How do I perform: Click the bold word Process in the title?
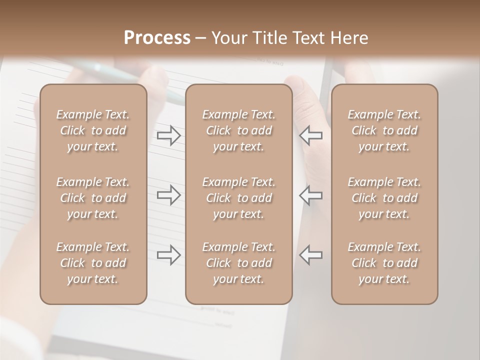pyautogui.click(x=157, y=38)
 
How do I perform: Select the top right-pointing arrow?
pyautogui.click(x=169, y=135)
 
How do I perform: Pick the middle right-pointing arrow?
pyautogui.click(x=169, y=195)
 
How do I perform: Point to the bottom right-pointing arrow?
pyautogui.click(x=169, y=255)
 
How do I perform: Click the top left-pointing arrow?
pyautogui.click(x=310, y=135)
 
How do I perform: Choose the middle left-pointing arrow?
pyautogui.click(x=310, y=195)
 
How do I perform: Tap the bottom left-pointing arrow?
pyautogui.click(x=310, y=255)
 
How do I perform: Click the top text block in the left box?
pyautogui.click(x=93, y=130)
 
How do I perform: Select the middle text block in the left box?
pyautogui.click(x=93, y=198)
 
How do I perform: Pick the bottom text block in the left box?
pyautogui.click(x=93, y=263)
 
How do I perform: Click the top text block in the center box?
pyautogui.click(x=239, y=130)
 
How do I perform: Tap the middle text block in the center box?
pyautogui.click(x=239, y=198)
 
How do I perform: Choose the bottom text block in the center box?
pyautogui.click(x=239, y=263)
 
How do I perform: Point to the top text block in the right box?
pyautogui.click(x=384, y=130)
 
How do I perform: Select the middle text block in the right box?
pyautogui.click(x=384, y=198)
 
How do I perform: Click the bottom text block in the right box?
pyautogui.click(x=384, y=263)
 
